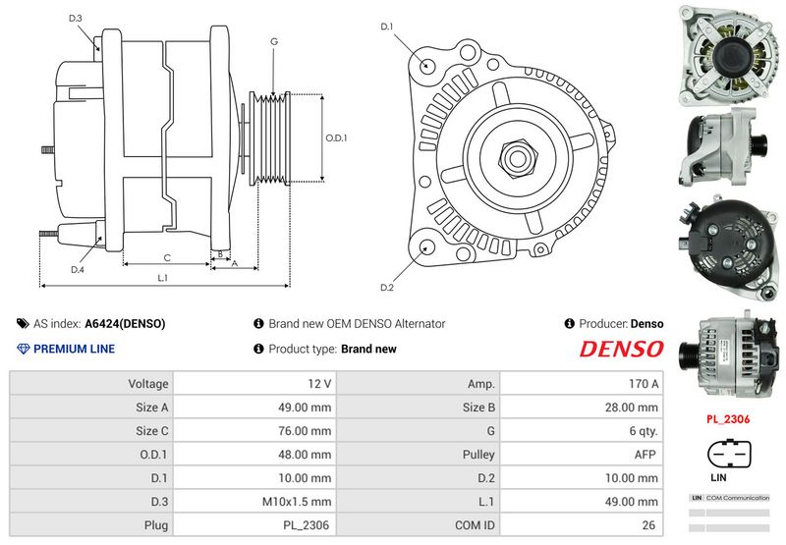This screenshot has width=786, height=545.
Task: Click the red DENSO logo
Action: click(x=621, y=349)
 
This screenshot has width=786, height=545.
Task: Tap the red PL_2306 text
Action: click(x=728, y=418)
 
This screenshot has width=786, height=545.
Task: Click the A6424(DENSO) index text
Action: click(x=125, y=323)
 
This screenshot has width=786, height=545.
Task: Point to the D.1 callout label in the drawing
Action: click(x=386, y=27)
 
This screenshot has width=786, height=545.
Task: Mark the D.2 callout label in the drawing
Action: click(x=386, y=287)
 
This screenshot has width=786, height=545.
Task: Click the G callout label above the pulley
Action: click(x=273, y=41)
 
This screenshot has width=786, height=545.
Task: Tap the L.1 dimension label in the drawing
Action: click(x=163, y=278)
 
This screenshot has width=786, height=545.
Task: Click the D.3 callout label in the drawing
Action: click(x=76, y=19)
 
